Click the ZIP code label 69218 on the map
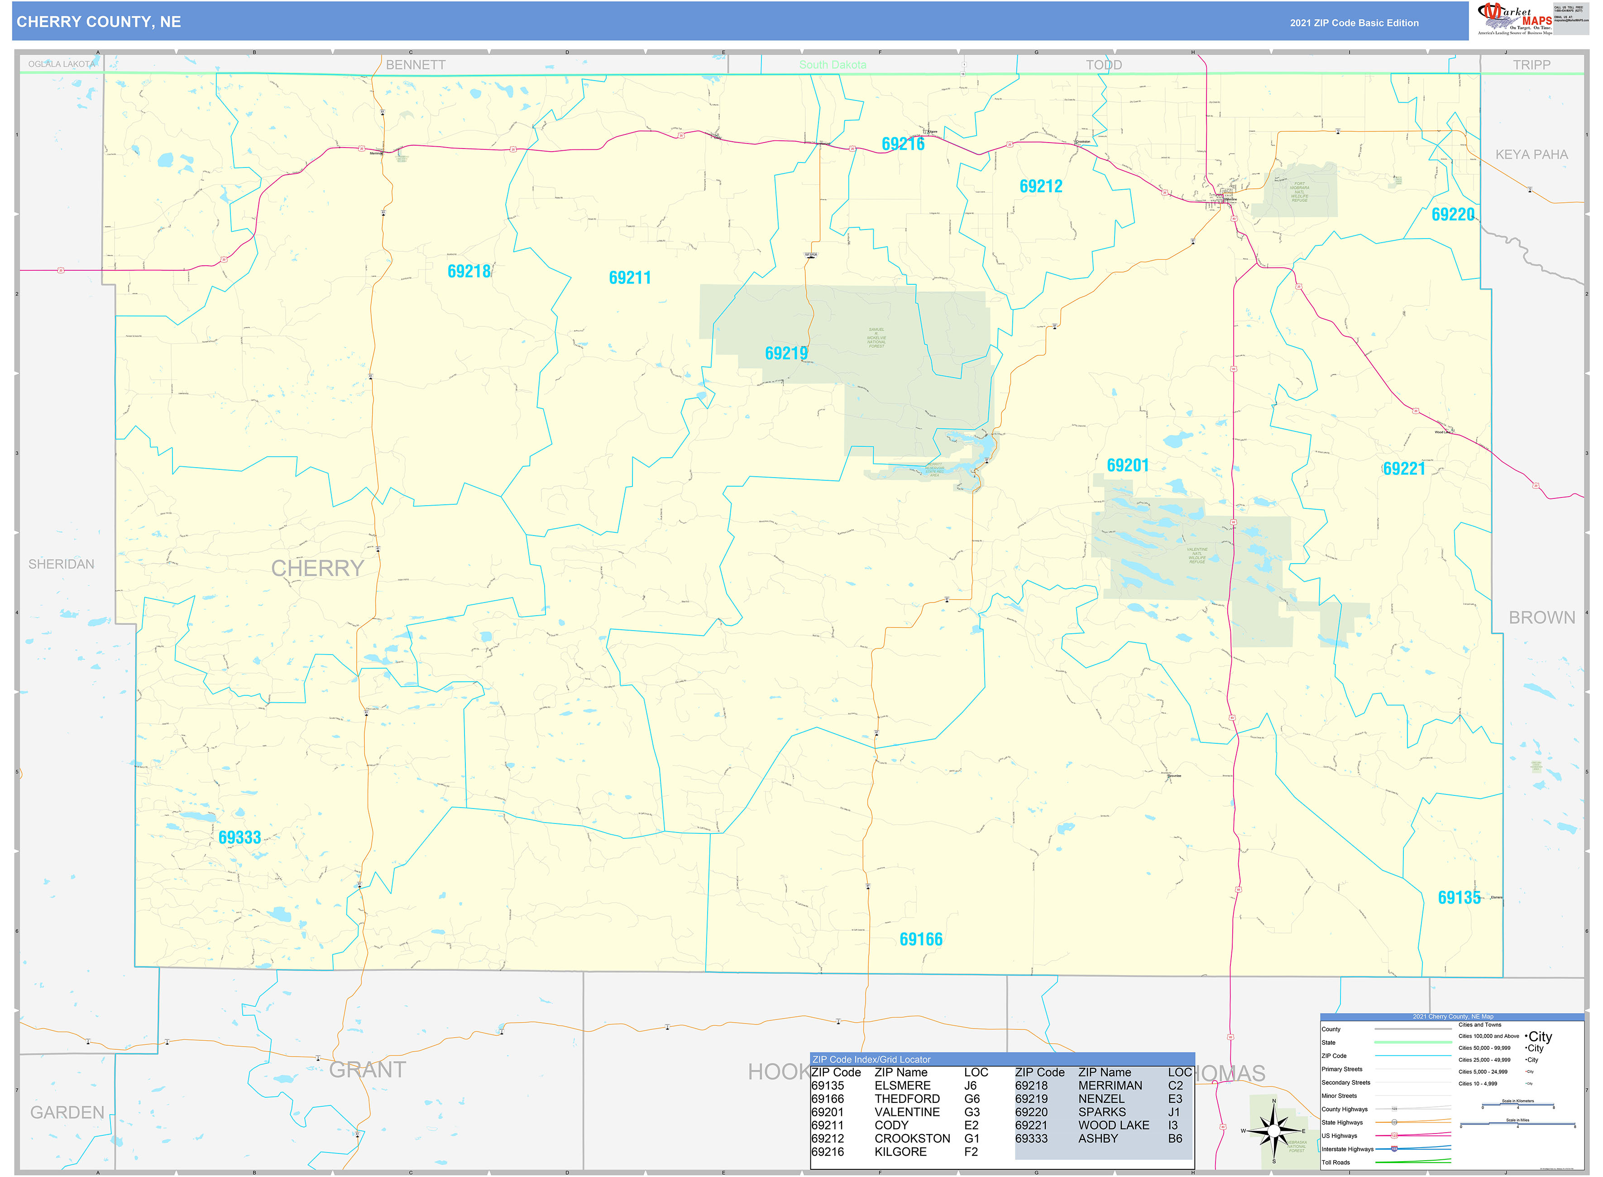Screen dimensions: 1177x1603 [x=469, y=272]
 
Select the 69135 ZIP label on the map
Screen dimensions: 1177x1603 [x=1459, y=898]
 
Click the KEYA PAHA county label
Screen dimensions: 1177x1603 [x=1531, y=155]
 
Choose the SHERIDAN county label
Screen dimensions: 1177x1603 [x=61, y=564]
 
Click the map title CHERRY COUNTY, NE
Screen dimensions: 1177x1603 [x=99, y=22]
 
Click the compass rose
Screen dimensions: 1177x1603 [x=1274, y=1131]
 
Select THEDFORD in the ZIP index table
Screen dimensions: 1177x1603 [x=907, y=1099]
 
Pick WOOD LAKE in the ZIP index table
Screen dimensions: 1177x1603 [x=1114, y=1125]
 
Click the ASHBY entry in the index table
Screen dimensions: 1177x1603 [x=1098, y=1139]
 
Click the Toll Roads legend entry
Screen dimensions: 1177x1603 [x=1336, y=1163]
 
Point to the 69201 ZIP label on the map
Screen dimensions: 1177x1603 [x=1128, y=466]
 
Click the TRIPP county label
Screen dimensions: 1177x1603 [x=1531, y=65]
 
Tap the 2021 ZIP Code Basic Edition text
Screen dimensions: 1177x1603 [x=1354, y=23]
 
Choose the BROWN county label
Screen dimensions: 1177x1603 [x=1542, y=618]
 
